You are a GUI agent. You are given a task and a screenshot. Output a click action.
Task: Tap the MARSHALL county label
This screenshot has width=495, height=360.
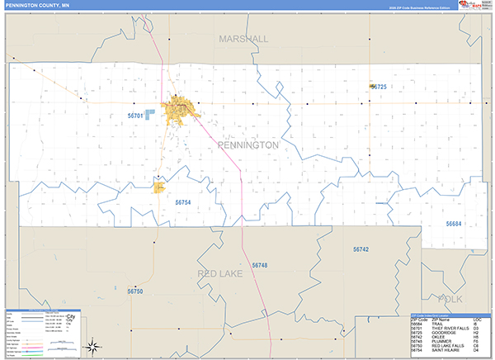pyautogui.click(x=243, y=39)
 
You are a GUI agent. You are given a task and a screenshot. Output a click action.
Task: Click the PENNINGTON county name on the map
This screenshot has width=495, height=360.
pyautogui.click(x=247, y=144)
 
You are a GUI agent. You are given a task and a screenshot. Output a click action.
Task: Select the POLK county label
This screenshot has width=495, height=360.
pyautogui.click(x=452, y=298)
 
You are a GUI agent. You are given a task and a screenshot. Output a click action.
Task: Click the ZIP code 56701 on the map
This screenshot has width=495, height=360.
pyautogui.click(x=136, y=116)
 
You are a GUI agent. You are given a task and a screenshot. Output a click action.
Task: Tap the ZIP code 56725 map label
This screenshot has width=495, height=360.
pyautogui.click(x=379, y=87)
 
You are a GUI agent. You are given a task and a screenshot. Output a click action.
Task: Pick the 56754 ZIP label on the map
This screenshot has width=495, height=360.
pyautogui.click(x=183, y=202)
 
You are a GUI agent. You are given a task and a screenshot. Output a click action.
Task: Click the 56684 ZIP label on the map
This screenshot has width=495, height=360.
pyautogui.click(x=455, y=224)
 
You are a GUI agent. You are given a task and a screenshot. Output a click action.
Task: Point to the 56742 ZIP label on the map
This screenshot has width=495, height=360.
pyautogui.click(x=361, y=249)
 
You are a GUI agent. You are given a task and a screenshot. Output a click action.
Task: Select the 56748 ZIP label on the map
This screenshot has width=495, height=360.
pyautogui.click(x=260, y=265)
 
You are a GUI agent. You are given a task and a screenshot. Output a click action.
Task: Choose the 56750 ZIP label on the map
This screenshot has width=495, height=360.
pyautogui.click(x=135, y=291)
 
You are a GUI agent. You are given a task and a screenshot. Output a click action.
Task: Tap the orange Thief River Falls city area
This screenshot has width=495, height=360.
pyautogui.click(x=179, y=108)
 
